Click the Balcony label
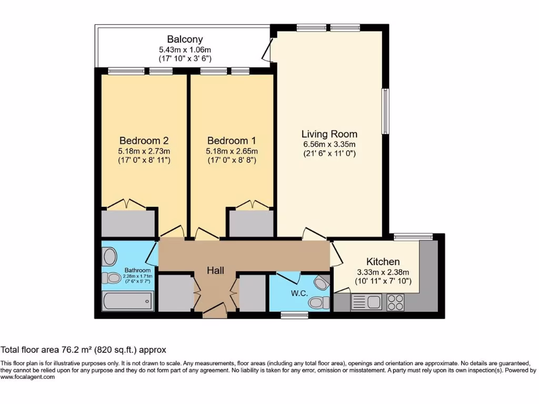(185, 39)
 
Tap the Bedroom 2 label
(144, 140)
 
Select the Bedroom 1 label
(232, 140)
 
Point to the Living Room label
(330, 134)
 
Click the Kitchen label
(383, 261)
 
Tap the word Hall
(215, 270)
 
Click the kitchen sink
(367, 302)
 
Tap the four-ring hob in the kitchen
(395, 302)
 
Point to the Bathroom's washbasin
(110, 257)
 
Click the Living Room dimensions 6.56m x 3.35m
(330, 145)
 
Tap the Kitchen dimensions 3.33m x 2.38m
(383, 272)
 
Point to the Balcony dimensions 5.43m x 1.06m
(185, 49)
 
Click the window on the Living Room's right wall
(385, 111)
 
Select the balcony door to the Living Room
(268, 50)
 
